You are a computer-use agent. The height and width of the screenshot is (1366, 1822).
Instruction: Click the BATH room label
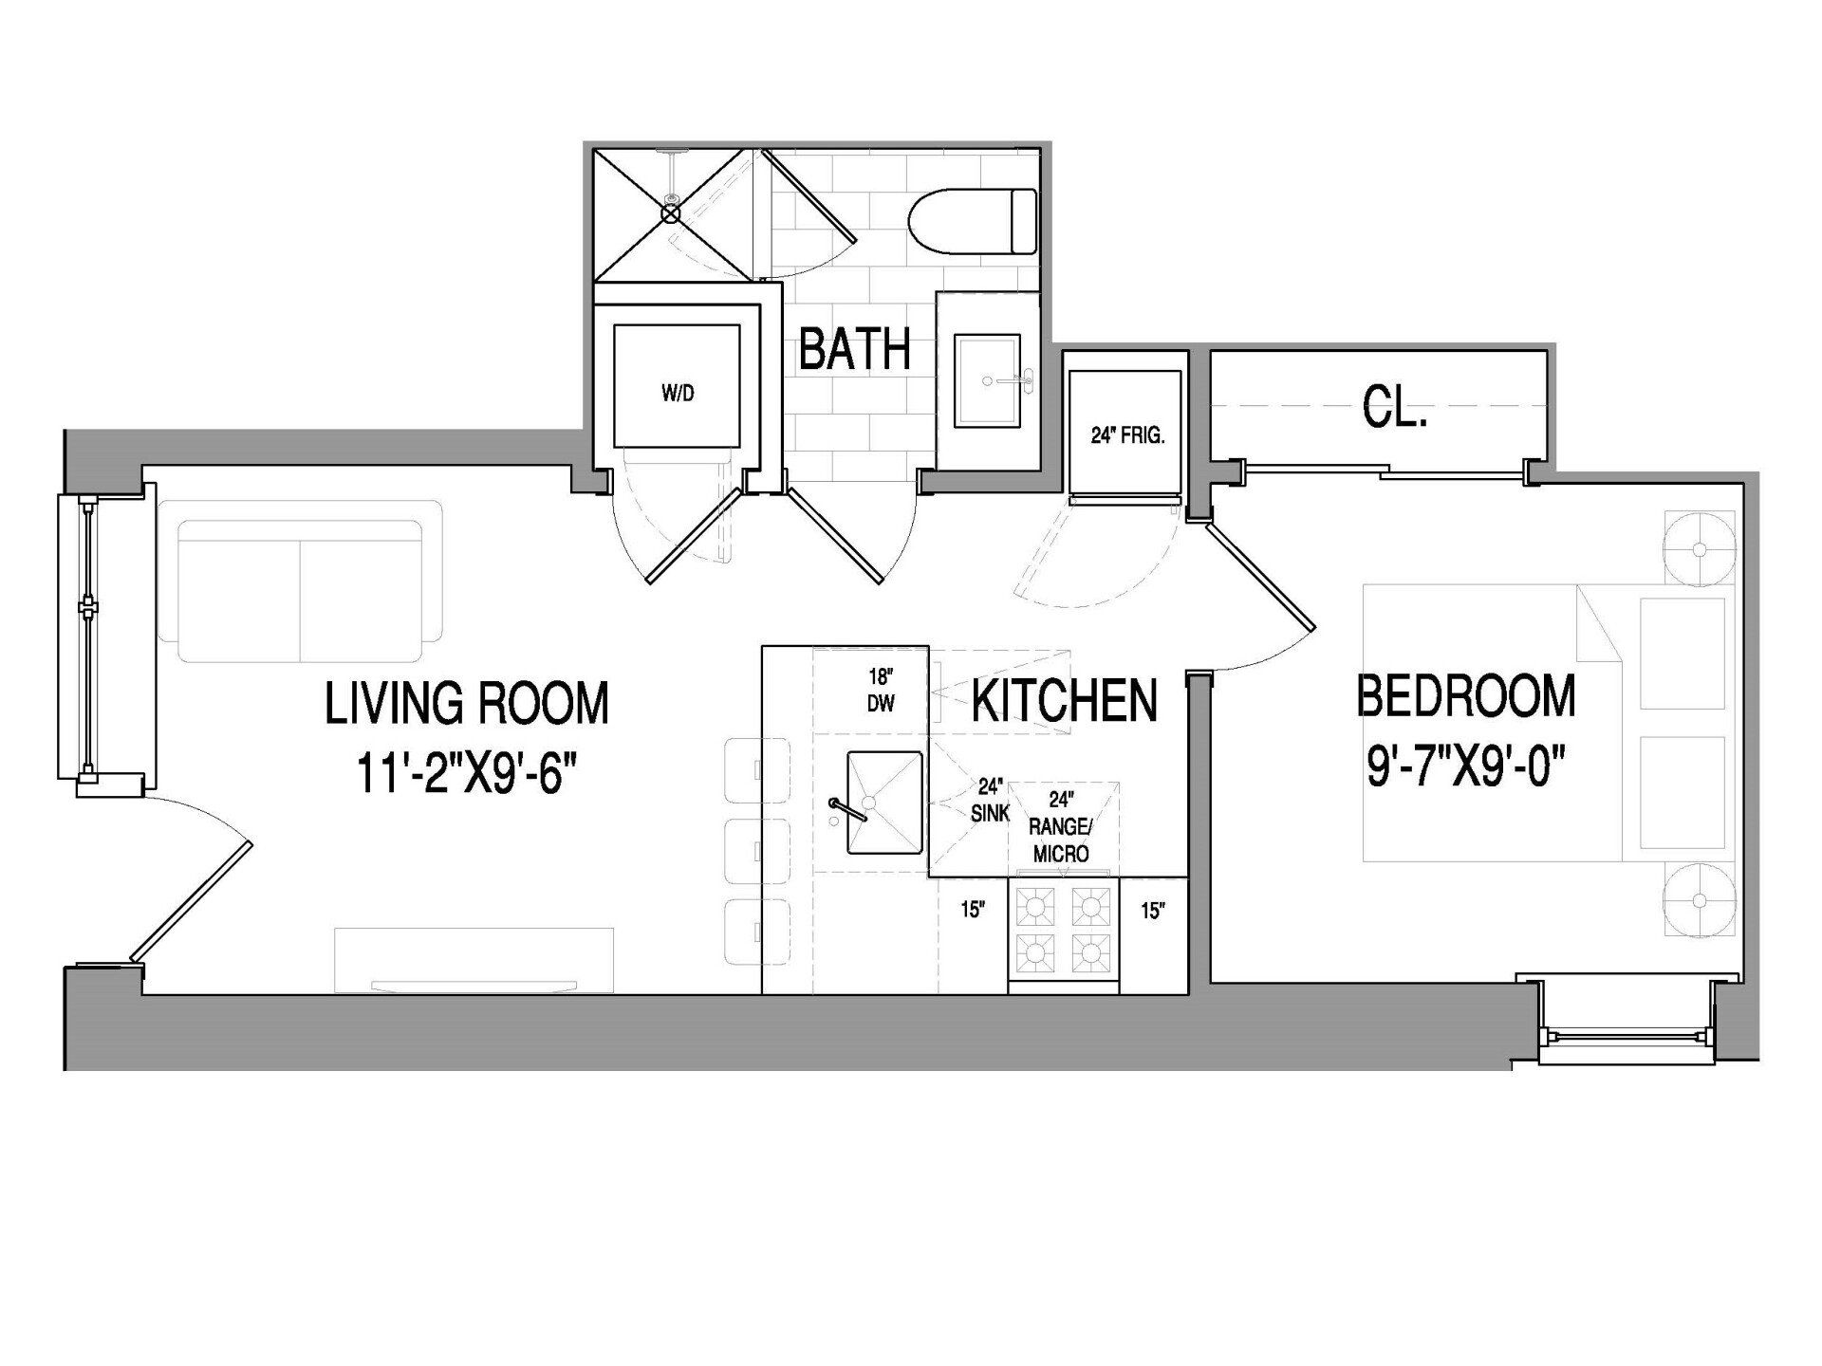(854, 349)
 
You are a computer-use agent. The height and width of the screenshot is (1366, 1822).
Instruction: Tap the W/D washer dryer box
(677, 386)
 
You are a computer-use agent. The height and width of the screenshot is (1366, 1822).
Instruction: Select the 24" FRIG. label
(1126, 436)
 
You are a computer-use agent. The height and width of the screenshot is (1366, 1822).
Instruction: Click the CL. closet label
(1394, 410)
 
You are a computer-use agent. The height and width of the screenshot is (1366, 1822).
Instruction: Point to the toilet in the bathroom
(973, 221)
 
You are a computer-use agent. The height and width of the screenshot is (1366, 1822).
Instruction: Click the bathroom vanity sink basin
(987, 380)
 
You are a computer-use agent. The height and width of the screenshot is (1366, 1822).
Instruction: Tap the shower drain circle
(672, 214)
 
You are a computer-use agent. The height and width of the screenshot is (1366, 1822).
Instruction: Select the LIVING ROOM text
(467, 703)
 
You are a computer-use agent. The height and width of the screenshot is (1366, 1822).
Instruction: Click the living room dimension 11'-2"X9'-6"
(467, 772)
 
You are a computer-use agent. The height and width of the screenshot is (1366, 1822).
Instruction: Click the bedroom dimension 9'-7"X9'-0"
(1465, 765)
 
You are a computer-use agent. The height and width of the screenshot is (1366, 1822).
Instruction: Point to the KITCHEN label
(1064, 701)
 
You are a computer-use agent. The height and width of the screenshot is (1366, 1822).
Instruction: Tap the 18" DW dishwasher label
(882, 690)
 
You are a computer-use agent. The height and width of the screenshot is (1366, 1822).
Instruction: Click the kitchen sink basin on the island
(884, 803)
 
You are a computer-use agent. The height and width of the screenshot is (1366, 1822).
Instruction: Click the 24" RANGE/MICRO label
(1060, 826)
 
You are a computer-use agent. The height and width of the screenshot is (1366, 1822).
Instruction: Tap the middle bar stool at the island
(756, 852)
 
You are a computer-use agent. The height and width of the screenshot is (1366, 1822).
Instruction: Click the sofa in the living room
(301, 590)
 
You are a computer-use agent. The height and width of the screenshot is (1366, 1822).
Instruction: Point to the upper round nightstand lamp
(1699, 549)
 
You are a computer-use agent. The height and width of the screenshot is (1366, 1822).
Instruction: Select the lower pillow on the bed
(1683, 792)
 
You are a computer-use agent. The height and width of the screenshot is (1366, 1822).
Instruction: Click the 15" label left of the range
(973, 911)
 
